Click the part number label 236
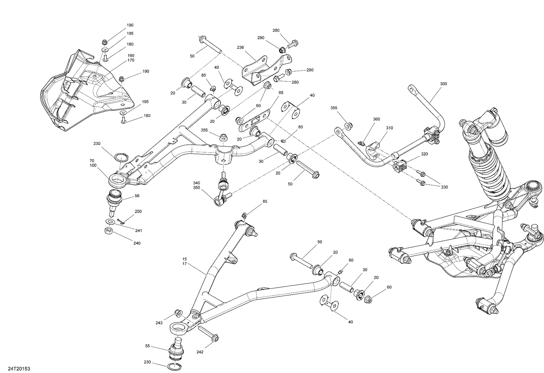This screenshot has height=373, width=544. [x=240, y=47]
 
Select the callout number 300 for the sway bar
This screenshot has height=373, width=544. [x=443, y=84]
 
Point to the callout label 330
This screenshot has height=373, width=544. [x=444, y=187]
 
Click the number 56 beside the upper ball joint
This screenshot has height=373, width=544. [x=137, y=196]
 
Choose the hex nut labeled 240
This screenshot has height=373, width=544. [x=108, y=231]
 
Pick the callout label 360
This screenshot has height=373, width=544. [x=376, y=119]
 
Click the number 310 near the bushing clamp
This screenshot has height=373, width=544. [x=390, y=128]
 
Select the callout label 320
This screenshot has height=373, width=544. [x=424, y=154]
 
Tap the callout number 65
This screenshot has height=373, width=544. [x=281, y=93]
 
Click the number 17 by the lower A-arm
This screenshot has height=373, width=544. [x=185, y=264]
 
